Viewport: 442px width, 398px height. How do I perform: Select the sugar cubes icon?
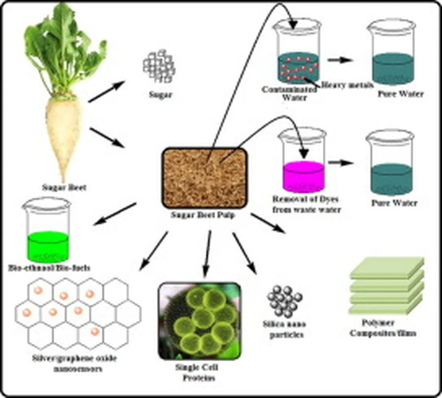[x=159, y=67]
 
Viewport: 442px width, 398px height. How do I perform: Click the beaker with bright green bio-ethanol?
[x=47, y=231]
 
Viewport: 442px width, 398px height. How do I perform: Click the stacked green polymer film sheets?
[x=386, y=287]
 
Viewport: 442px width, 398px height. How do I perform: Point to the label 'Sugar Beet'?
[x=64, y=187]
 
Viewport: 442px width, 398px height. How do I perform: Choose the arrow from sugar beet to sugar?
[x=106, y=92]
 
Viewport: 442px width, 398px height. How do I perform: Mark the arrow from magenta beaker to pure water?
[x=341, y=163]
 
